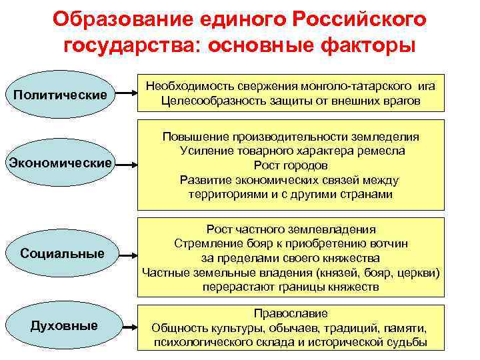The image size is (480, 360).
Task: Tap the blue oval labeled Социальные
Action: [x=62, y=254]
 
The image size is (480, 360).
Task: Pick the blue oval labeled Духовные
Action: [x=64, y=325]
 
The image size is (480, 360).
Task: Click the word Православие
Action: [x=291, y=313]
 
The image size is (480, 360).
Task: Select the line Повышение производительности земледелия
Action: [x=291, y=136]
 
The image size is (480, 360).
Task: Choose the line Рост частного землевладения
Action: [x=291, y=229]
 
